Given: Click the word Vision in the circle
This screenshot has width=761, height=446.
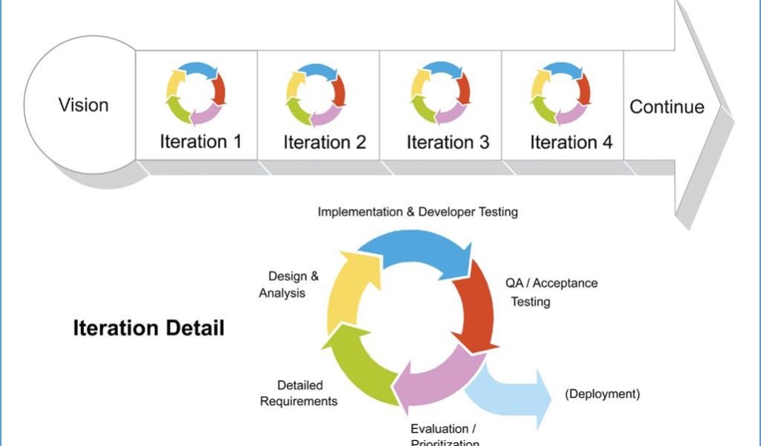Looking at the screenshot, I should click(83, 105).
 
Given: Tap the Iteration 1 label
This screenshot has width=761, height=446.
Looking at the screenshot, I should click(201, 141).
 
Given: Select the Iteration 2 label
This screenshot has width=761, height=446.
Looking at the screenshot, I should click(325, 142).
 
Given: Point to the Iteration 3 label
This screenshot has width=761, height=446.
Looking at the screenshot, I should click(448, 142).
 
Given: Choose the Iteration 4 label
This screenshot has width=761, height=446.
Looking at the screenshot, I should click(571, 142).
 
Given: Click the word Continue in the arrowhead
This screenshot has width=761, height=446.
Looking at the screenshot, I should click(667, 107).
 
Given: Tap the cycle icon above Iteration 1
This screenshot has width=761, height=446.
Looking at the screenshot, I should click(195, 94).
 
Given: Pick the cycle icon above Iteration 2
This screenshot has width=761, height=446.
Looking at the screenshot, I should click(316, 94).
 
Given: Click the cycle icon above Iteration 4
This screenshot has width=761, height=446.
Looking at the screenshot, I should click(561, 94).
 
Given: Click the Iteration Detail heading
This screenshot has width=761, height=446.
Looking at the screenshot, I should click(149, 328).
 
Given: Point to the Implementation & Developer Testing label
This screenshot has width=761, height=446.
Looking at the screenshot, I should click(418, 212).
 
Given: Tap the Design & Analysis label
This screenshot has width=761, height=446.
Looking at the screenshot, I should click(288, 285).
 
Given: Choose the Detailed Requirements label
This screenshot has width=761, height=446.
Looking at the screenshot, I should click(299, 393).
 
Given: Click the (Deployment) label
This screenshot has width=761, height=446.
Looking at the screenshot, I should click(603, 394).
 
